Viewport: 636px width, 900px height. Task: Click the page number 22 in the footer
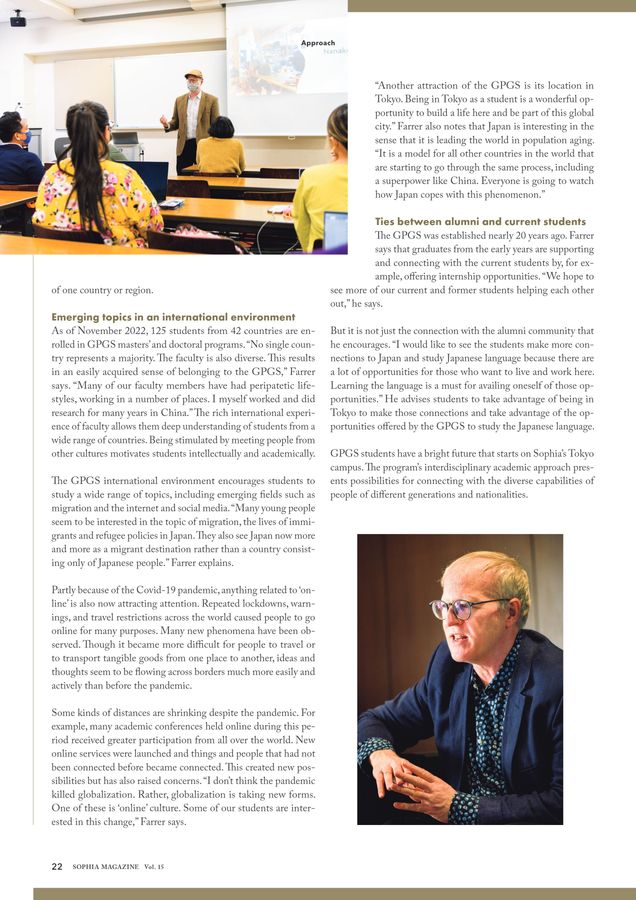coord(57,866)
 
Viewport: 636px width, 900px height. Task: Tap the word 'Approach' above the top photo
coord(317,43)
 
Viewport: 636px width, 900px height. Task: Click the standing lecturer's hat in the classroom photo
coord(194,74)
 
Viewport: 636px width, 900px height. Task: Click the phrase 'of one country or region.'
coord(102,290)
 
